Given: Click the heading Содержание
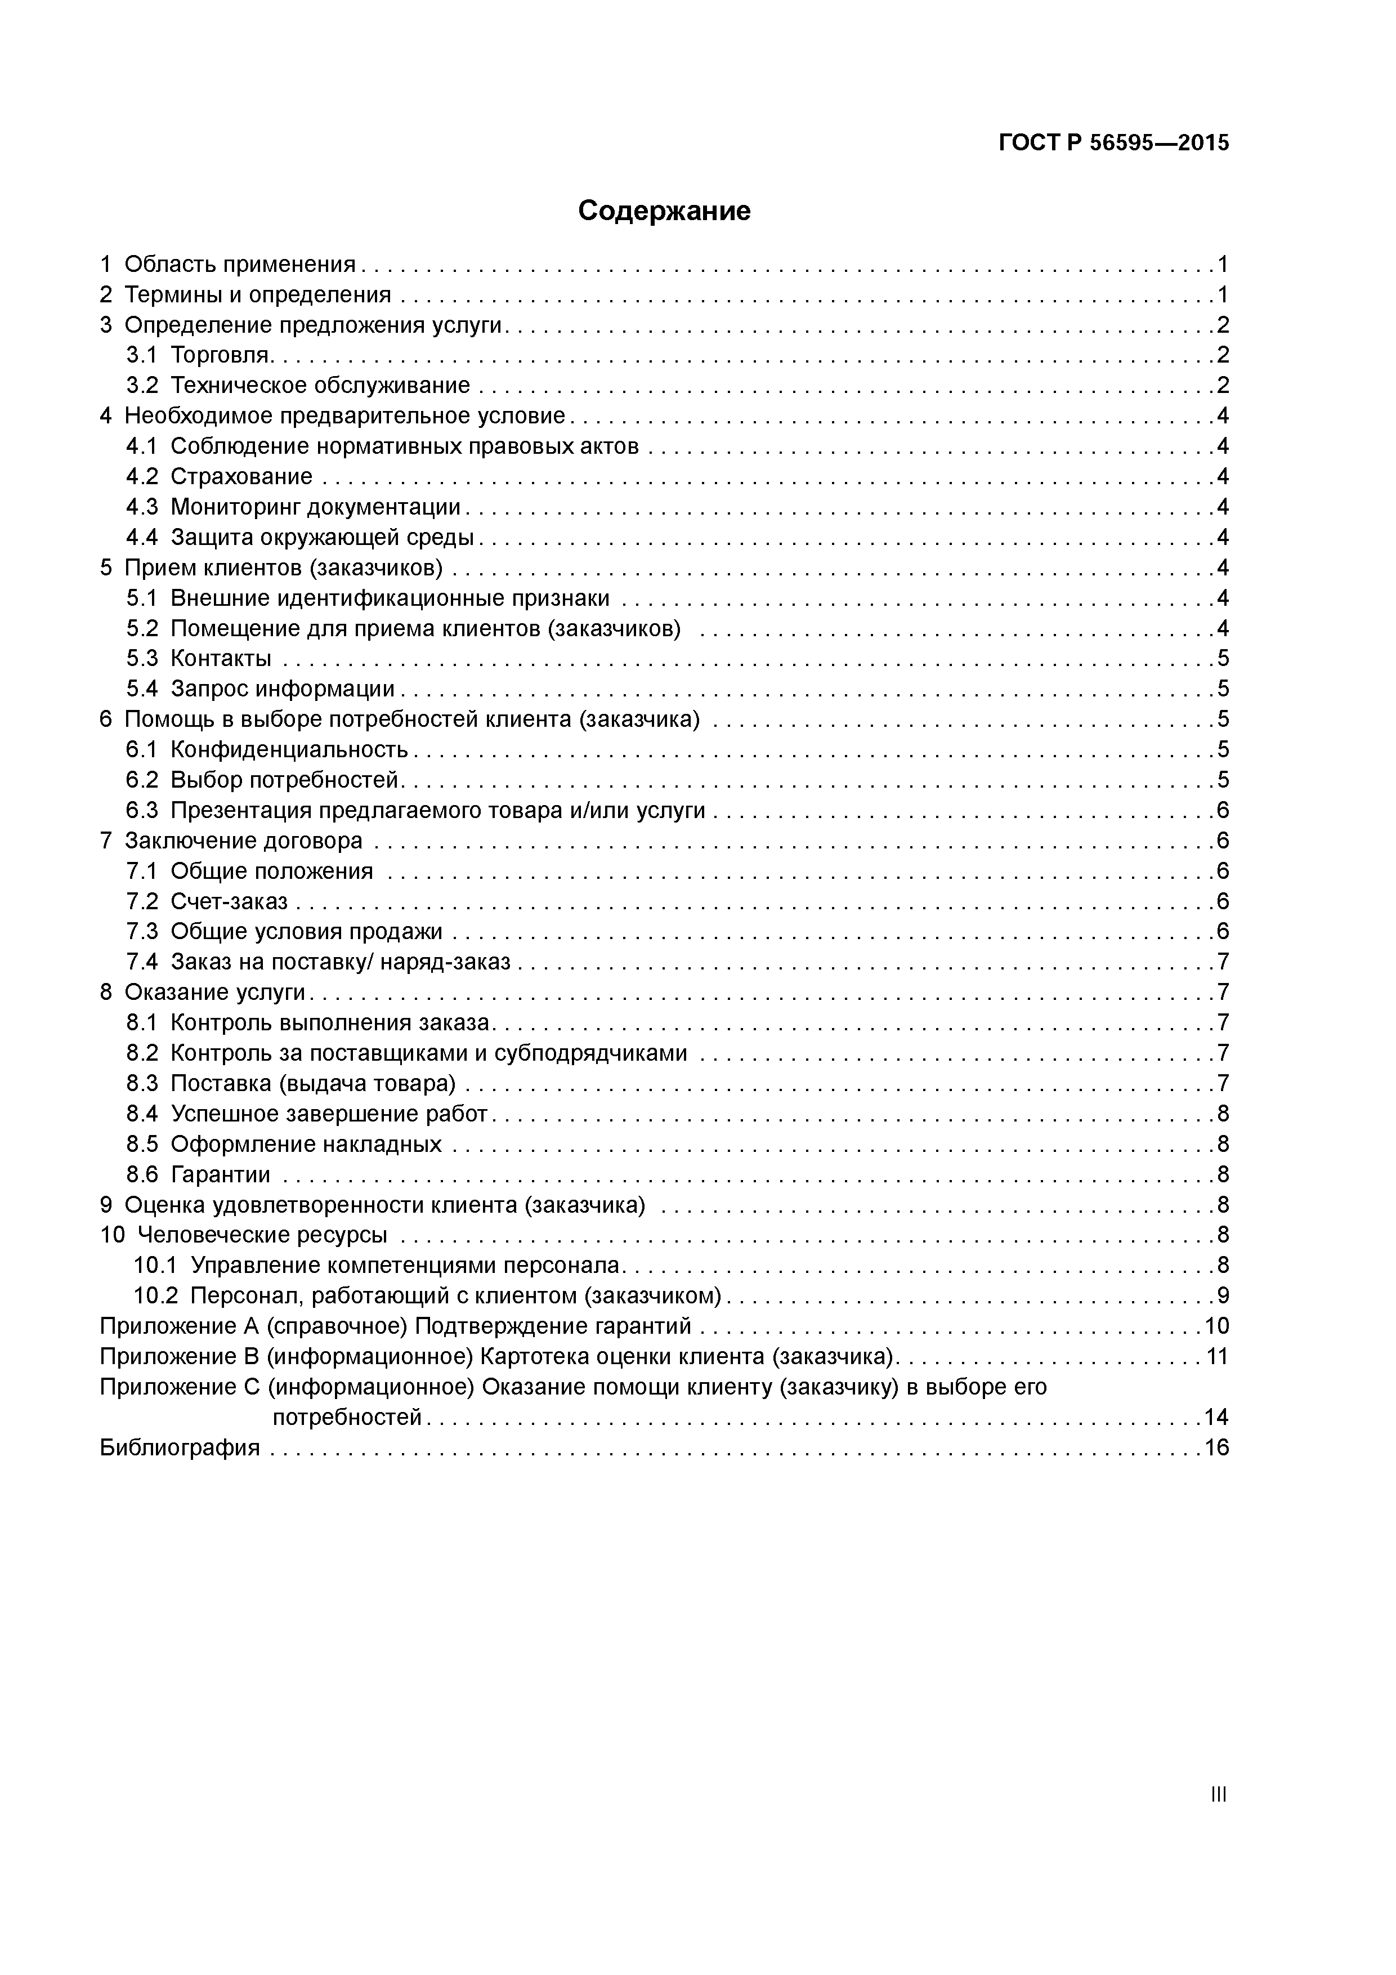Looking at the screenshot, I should click(664, 211).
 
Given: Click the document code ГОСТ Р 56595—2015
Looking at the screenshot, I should click(1114, 143).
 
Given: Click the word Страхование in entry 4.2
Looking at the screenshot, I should click(241, 476).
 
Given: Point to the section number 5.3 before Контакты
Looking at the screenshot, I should click(142, 659).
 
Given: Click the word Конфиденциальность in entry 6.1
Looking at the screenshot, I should click(289, 750).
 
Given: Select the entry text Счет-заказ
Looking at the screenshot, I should click(229, 901).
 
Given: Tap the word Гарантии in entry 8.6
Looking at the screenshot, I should click(220, 1175).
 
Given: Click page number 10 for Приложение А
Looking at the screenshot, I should click(1216, 1326).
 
